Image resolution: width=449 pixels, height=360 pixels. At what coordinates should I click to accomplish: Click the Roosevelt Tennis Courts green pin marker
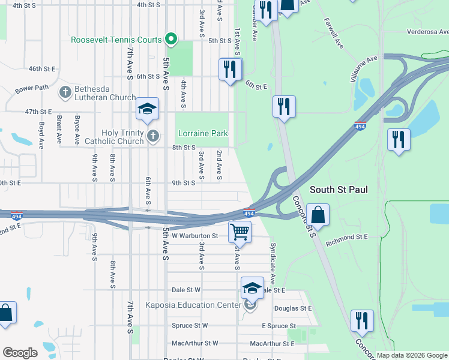[171, 40]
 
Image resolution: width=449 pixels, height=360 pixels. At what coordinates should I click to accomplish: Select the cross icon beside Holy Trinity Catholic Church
[153, 136]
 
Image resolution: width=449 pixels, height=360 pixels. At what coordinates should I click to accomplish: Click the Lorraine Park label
[202, 133]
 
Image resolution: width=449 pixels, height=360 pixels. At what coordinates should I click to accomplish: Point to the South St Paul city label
[339, 190]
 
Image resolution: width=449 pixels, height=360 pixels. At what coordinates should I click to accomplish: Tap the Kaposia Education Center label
[193, 305]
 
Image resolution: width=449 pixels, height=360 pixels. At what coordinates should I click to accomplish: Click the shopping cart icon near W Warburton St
[240, 230]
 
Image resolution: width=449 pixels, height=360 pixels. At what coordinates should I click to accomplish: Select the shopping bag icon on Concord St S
[318, 214]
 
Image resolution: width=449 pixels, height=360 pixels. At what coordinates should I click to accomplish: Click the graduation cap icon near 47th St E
[147, 109]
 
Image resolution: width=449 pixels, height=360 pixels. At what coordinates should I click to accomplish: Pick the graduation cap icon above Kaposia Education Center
[252, 287]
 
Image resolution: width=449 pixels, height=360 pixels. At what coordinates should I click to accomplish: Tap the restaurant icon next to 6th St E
[230, 69]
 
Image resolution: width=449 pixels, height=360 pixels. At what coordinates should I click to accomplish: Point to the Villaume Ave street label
[364, 69]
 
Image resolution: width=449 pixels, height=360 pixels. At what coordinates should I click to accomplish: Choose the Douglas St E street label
[293, 308]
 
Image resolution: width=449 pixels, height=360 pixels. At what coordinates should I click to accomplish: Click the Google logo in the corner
[20, 353]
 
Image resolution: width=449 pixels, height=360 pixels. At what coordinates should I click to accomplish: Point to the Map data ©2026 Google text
[411, 355]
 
